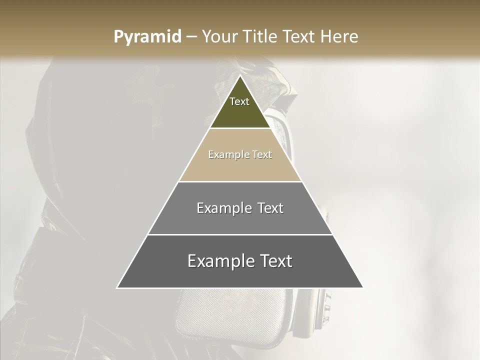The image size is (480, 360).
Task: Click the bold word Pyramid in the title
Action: [x=147, y=37]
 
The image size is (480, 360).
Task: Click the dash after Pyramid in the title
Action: [x=191, y=37]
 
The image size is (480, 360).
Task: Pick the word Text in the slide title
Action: [x=301, y=37]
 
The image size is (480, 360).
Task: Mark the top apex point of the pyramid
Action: [x=240, y=76]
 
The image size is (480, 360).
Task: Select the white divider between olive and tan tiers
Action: [x=240, y=128]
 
